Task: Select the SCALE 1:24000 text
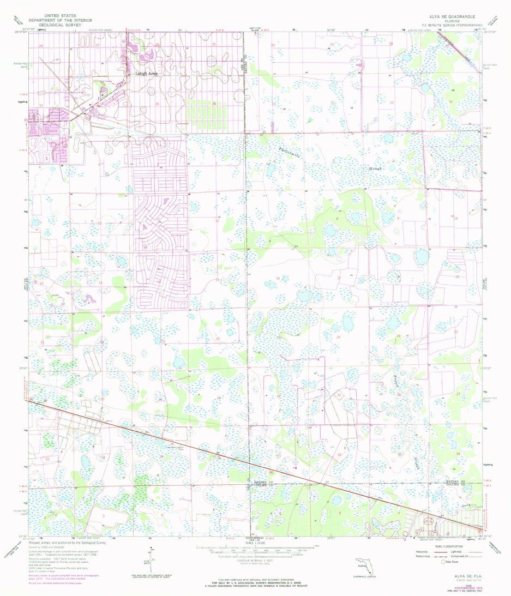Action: [255, 543]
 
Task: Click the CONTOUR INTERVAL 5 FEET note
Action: [255, 560]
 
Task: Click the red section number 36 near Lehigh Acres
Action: [214, 104]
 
